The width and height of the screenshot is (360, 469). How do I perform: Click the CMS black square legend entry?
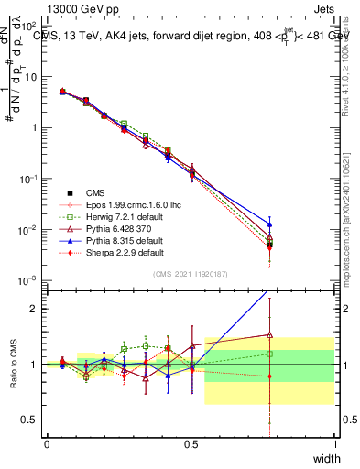(96, 192)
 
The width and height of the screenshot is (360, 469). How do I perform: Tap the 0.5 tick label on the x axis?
(191, 443)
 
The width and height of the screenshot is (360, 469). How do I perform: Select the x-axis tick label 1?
(335, 443)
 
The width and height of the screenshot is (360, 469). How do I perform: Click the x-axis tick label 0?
(47, 443)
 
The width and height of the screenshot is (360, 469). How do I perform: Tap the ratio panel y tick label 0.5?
(32, 420)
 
